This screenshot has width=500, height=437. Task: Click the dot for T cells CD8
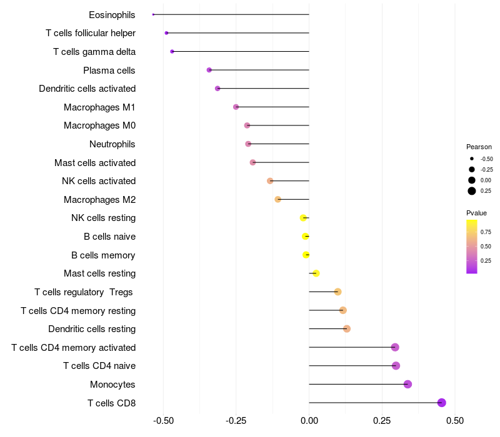point(442,403)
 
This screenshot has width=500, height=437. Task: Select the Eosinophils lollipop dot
point(153,14)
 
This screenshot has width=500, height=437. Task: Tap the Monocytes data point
point(408,384)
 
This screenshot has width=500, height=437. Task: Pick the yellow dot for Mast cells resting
point(316,273)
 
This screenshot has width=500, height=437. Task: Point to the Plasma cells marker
point(209,70)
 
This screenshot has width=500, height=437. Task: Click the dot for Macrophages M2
point(278,199)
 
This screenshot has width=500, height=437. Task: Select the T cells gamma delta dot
point(172,51)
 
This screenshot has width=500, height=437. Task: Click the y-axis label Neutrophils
point(112,144)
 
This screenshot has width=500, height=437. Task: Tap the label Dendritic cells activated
point(87,89)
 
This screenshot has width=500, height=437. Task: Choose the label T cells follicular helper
point(91,33)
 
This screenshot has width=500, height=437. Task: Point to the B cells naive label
point(109,237)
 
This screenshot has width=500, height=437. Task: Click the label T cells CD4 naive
point(99,366)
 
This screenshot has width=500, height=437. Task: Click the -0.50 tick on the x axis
point(163,421)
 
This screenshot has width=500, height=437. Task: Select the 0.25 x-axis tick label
point(382,421)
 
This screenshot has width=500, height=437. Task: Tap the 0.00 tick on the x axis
point(309,421)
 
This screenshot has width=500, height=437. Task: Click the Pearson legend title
point(479,147)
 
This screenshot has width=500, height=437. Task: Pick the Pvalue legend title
point(477,213)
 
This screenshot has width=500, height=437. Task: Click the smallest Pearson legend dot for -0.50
point(472,159)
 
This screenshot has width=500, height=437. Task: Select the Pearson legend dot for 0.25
point(472,191)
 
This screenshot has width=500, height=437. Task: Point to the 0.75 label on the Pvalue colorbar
point(486,232)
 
